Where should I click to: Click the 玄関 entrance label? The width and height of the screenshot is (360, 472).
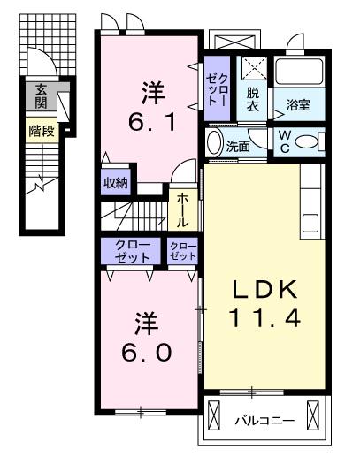(x=41, y=96)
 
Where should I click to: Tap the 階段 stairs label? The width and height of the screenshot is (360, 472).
(x=42, y=131)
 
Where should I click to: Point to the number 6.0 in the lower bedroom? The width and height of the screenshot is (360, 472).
(x=147, y=353)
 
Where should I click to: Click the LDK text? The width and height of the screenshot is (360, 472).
(x=264, y=289)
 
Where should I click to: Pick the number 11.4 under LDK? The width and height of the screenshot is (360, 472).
(x=264, y=318)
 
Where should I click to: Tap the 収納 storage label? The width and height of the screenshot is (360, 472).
(x=116, y=183)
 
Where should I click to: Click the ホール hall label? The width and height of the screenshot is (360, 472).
(x=182, y=210)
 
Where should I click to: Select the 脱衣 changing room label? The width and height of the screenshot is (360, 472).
(x=253, y=99)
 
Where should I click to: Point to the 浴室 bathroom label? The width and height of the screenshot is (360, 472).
(x=298, y=105)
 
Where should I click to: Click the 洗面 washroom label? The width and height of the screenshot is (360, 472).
(x=238, y=147)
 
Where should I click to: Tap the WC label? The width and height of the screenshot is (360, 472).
(x=285, y=141)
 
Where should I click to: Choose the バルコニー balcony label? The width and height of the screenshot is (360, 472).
(x=264, y=420)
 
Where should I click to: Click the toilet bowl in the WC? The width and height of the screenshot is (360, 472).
(x=307, y=141)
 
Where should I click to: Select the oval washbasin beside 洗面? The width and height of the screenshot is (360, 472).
(x=213, y=142)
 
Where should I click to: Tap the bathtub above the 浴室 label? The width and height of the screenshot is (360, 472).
(x=300, y=72)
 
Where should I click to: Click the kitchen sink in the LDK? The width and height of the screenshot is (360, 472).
(x=310, y=223)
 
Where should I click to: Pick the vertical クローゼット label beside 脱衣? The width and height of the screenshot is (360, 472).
(x=217, y=89)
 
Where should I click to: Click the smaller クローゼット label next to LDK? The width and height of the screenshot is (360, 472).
(x=183, y=251)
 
